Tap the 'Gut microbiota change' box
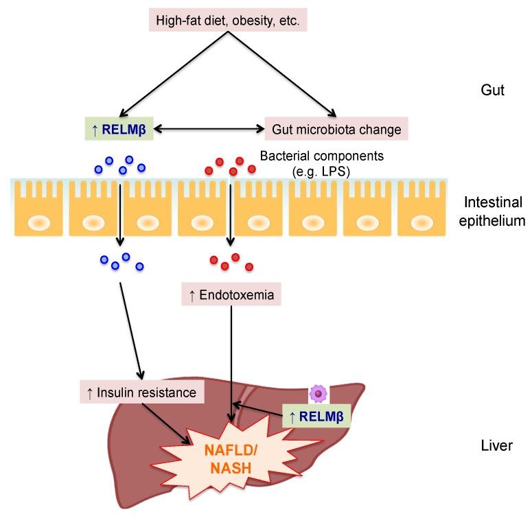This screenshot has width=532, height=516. (336, 128)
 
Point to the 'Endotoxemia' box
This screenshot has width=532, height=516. (232, 296)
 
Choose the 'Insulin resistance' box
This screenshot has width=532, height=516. (142, 392)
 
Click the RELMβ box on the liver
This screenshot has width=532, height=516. (316, 416)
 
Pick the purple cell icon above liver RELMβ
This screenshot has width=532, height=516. (318, 392)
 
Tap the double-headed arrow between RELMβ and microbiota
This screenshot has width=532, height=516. (208, 127)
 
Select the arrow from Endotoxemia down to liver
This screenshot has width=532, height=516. (232, 357)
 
